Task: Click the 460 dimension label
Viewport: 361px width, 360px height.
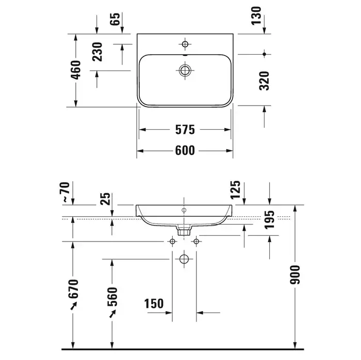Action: click(x=76, y=70)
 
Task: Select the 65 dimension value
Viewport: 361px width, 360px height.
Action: click(x=115, y=19)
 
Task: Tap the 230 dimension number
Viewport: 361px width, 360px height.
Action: click(x=97, y=52)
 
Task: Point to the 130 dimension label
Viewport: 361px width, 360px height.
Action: click(x=256, y=15)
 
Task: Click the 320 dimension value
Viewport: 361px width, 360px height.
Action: click(x=264, y=81)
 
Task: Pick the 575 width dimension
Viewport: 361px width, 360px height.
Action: click(x=185, y=130)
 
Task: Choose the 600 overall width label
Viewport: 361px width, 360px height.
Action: click(x=185, y=150)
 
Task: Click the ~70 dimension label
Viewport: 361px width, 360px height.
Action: click(x=64, y=192)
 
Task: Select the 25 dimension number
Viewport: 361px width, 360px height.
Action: click(x=105, y=199)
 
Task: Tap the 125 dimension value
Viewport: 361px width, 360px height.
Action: click(x=235, y=190)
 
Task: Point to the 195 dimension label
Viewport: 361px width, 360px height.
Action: click(x=269, y=220)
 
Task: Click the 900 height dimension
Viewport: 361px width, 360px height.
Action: click(x=295, y=275)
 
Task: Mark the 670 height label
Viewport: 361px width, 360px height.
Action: click(x=73, y=289)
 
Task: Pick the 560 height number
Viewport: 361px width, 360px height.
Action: click(x=112, y=297)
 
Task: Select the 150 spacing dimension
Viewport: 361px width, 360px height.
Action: click(x=154, y=303)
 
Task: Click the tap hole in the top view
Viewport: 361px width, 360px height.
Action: click(x=185, y=44)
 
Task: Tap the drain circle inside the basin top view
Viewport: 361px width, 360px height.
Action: click(x=185, y=71)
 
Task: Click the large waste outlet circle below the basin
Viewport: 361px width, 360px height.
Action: click(x=184, y=259)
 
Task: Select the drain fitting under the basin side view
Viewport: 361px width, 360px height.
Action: click(x=184, y=230)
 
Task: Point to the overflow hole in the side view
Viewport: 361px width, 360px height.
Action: click(x=184, y=210)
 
